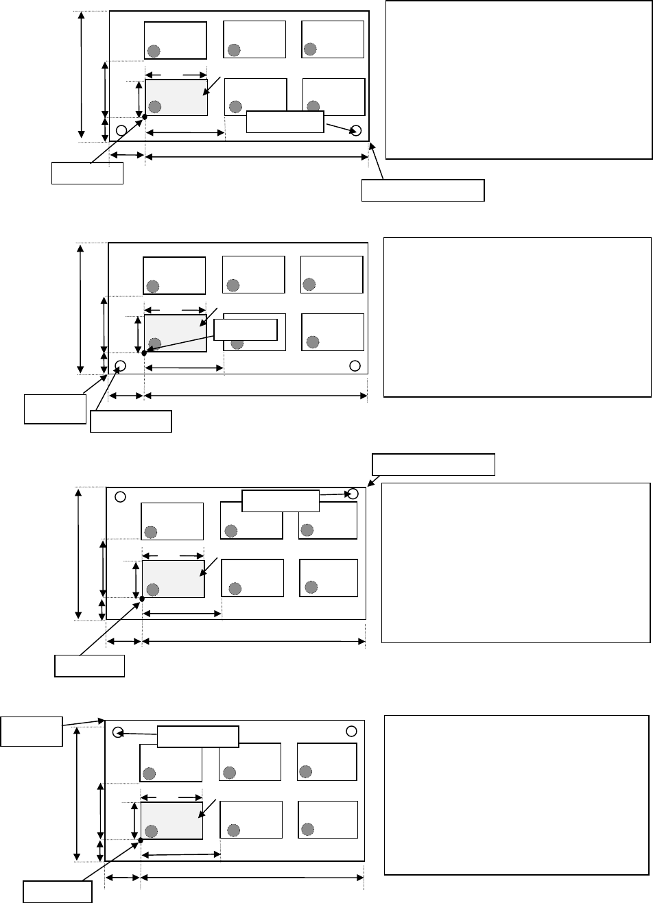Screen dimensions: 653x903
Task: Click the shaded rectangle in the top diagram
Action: click(x=176, y=97)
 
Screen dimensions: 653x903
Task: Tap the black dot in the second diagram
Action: click(x=143, y=353)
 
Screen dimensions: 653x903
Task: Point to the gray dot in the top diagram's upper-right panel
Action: click(x=310, y=49)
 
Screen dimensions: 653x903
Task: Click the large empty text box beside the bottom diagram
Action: click(x=517, y=795)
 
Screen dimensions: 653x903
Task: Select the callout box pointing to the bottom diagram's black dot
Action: click(x=58, y=892)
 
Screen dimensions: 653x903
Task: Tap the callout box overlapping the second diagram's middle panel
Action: click(x=246, y=330)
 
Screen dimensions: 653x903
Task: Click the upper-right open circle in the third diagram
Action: click(x=353, y=494)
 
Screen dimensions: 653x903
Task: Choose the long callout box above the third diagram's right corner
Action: click(x=434, y=464)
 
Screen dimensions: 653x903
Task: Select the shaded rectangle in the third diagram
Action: click(x=174, y=579)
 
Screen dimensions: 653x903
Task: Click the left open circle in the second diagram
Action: click(x=121, y=365)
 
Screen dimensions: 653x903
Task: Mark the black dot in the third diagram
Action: click(x=142, y=599)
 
